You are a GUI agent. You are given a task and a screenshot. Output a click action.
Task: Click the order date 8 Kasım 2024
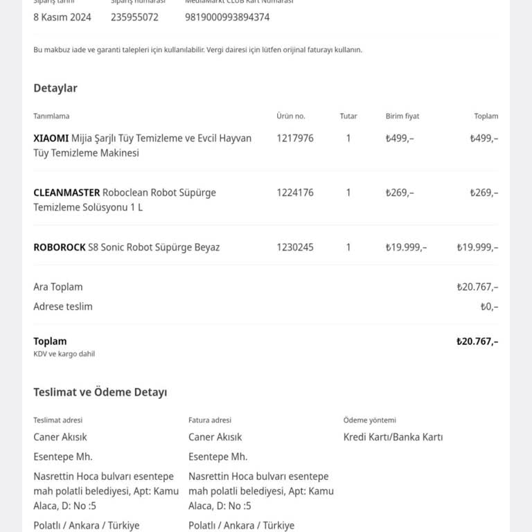[x=62, y=17]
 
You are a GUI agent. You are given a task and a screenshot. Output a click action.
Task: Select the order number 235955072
[x=134, y=17]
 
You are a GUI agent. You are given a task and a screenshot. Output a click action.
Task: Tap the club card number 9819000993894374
[x=227, y=17]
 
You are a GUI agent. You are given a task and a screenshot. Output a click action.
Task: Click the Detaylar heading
[x=55, y=88]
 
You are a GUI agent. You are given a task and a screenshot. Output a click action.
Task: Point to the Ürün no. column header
[x=290, y=116]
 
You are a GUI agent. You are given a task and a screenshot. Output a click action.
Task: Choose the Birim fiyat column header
[x=402, y=116]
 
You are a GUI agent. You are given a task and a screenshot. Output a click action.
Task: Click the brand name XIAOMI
[x=51, y=139]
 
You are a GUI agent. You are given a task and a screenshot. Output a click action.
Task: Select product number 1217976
[x=295, y=139]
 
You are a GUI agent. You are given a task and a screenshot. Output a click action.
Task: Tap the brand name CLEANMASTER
[x=66, y=193]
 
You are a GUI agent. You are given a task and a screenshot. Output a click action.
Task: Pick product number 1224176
[x=295, y=193]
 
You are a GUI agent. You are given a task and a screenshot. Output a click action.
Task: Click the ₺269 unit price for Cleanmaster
[x=400, y=193]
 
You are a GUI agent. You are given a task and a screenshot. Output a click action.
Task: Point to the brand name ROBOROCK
[x=60, y=247]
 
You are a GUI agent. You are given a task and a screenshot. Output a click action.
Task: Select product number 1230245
[x=295, y=247]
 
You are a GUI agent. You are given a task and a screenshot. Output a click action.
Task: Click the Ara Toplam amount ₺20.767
[x=477, y=287]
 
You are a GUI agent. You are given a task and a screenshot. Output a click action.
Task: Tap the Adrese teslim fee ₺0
[x=489, y=306]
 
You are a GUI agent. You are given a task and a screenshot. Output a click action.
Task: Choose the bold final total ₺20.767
[x=477, y=341]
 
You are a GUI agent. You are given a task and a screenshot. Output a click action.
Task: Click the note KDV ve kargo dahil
[x=64, y=354]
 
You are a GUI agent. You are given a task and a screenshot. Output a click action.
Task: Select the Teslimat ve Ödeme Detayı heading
[x=100, y=392]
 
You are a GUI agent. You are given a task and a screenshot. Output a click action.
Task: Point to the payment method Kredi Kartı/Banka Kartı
[x=393, y=437]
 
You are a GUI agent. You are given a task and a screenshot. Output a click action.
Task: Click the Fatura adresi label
[x=210, y=420]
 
